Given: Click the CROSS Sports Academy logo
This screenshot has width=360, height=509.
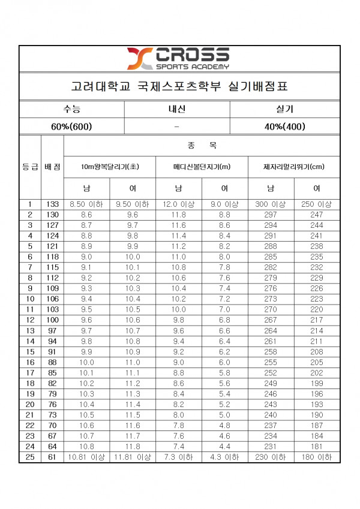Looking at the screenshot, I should coord(178,59).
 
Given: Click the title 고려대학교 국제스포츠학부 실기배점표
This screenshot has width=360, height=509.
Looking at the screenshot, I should coord(179,86).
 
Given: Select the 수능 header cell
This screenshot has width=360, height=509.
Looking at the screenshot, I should coord(71,109).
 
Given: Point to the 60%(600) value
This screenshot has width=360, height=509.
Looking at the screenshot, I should coord(71,126).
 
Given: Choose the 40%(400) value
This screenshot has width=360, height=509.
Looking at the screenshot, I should coord(285,126).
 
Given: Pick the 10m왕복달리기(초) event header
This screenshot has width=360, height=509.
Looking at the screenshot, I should coord(110,167).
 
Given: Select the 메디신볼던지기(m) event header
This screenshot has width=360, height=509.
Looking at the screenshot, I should coord(202,167).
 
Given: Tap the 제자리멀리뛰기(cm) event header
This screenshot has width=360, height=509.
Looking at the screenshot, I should coord(293,167).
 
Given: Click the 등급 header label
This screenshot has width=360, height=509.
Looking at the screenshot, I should coord(30,167).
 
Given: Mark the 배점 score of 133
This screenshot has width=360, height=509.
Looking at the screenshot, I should coord(53,204).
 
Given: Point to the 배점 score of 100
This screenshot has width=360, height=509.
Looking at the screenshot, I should coord(53,320).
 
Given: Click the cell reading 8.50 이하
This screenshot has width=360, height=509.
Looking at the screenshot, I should coord(86,204).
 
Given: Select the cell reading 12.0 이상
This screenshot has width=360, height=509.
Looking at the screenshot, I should coord(179,204).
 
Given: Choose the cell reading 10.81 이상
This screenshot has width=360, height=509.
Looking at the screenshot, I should coord(86,457).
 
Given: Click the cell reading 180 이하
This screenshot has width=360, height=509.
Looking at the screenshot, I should coord(317,457).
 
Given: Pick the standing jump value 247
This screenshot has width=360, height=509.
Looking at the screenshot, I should coord(317,214).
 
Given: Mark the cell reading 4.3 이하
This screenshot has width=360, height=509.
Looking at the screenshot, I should coord(224,457).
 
